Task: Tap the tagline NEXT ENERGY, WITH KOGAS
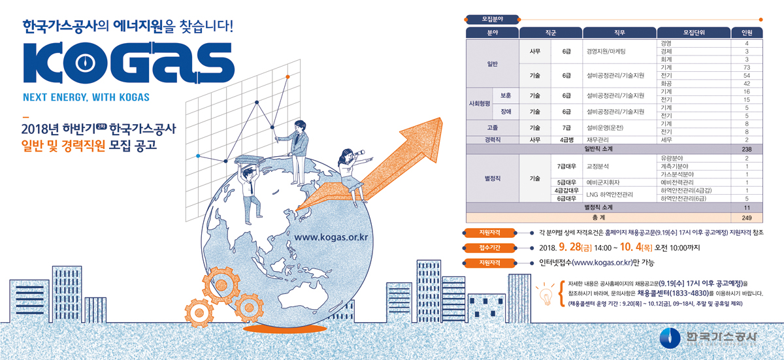[x=86, y=98]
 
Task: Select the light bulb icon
[x=544, y=293]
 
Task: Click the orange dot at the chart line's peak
[x=288, y=76]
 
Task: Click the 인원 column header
[x=747, y=32]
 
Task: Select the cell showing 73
[x=747, y=67]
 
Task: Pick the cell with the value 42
[x=747, y=84]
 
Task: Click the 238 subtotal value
[x=747, y=150]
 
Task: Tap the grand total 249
[x=747, y=217]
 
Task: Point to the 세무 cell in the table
[x=666, y=140]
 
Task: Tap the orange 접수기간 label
[x=489, y=248]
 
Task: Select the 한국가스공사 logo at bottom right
[x=709, y=336]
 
